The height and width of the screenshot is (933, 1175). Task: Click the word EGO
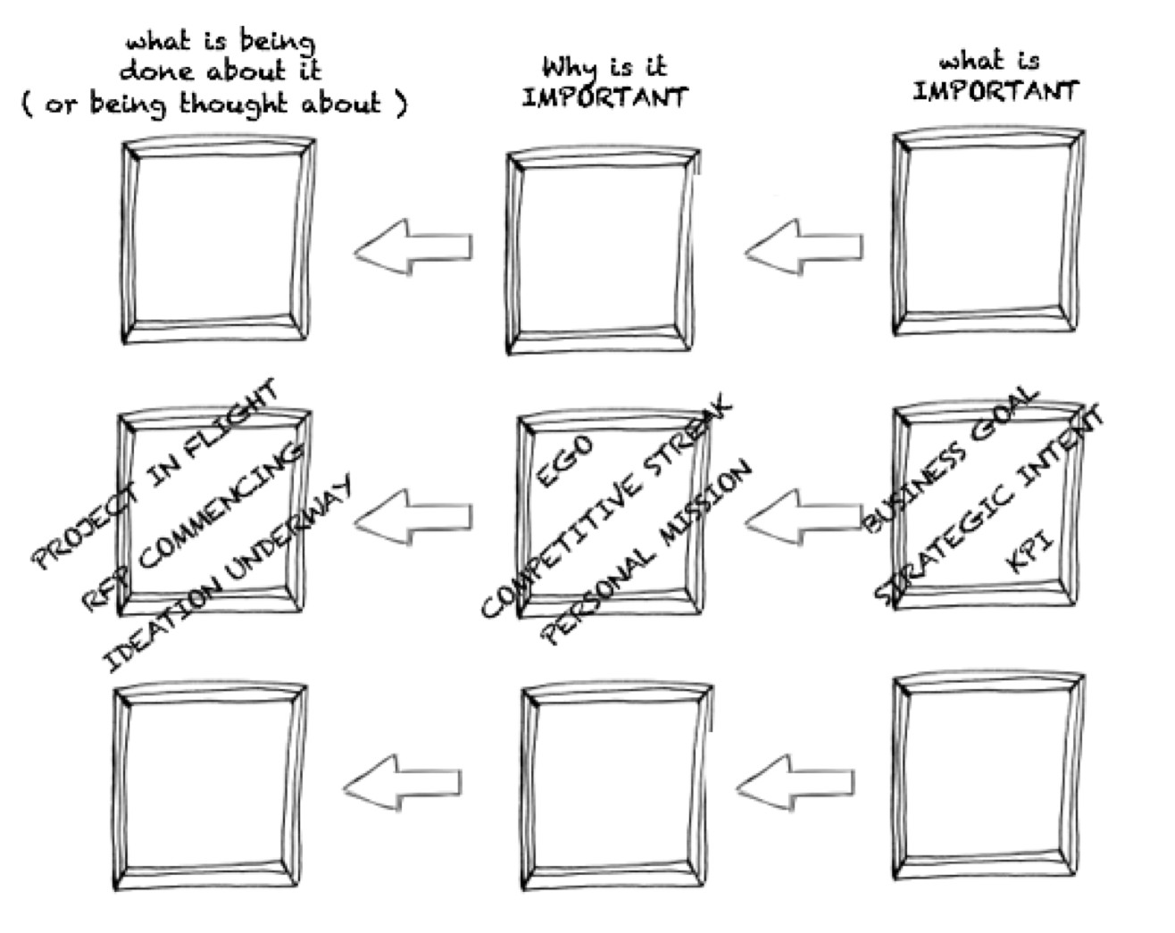[564, 461]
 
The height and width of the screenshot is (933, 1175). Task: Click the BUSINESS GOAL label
[950, 460]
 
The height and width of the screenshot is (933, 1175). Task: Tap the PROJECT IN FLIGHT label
[156, 474]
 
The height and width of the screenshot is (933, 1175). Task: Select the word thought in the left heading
[233, 104]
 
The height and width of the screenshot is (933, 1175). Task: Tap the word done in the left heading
[156, 71]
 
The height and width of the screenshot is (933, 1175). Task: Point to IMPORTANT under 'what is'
[996, 91]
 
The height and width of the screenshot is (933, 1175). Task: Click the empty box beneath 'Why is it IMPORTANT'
[604, 250]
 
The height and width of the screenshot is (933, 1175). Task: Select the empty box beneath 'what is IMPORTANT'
[988, 231]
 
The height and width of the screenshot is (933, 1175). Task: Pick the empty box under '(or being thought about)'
[218, 239]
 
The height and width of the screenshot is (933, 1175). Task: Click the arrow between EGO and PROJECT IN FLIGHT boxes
[412, 517]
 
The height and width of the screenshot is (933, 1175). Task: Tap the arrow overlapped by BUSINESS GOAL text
[804, 517]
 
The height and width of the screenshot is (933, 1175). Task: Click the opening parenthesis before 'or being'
[26, 104]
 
